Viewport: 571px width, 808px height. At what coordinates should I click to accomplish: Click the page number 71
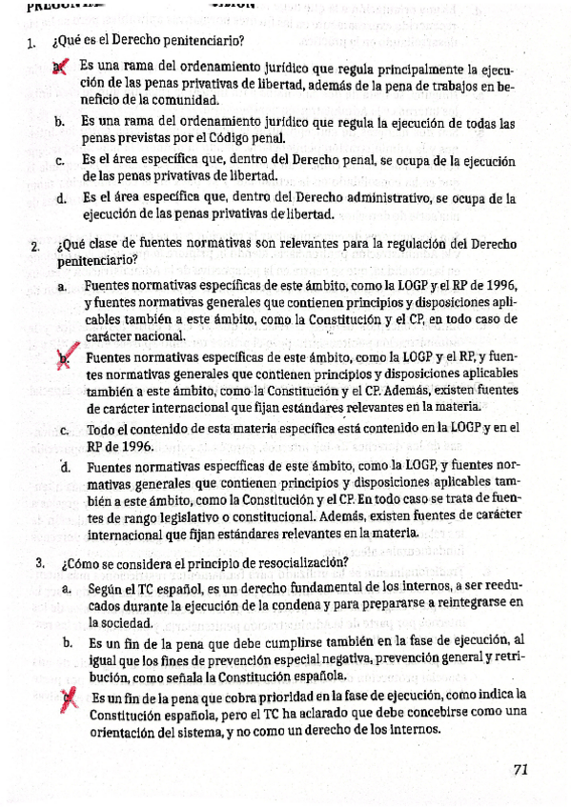(x=520, y=770)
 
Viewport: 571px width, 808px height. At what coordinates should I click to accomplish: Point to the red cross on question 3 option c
(x=68, y=699)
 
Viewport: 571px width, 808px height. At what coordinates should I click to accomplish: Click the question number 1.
(x=31, y=42)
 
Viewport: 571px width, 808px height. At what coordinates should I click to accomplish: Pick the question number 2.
(x=33, y=247)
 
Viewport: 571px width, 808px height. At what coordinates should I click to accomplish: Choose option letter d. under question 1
(x=60, y=199)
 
